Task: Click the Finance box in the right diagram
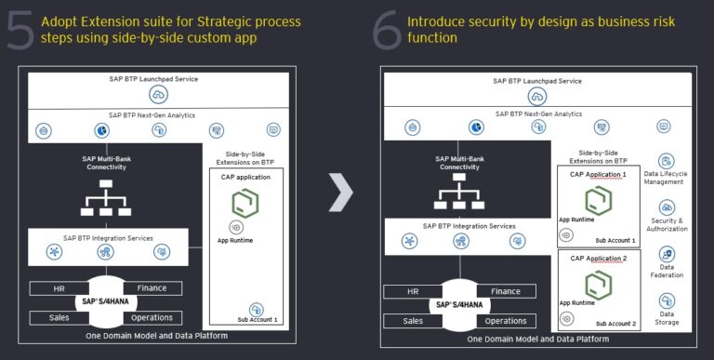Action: pyautogui.click(x=506, y=291)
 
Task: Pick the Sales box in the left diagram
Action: pyautogui.click(x=59, y=316)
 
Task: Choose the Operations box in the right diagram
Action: pyautogui.click(x=507, y=321)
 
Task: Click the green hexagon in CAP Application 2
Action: pyautogui.click(x=598, y=283)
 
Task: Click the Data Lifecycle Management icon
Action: pyautogui.click(x=666, y=162)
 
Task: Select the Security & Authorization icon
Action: pyautogui.click(x=667, y=207)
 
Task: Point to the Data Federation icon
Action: pyautogui.click(x=667, y=254)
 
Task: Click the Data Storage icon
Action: pyautogui.click(x=667, y=301)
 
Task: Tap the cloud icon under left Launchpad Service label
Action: pyautogui.click(x=158, y=95)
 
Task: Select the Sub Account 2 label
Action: pyautogui.click(x=615, y=324)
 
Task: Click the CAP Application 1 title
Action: pyautogui.click(x=598, y=174)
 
